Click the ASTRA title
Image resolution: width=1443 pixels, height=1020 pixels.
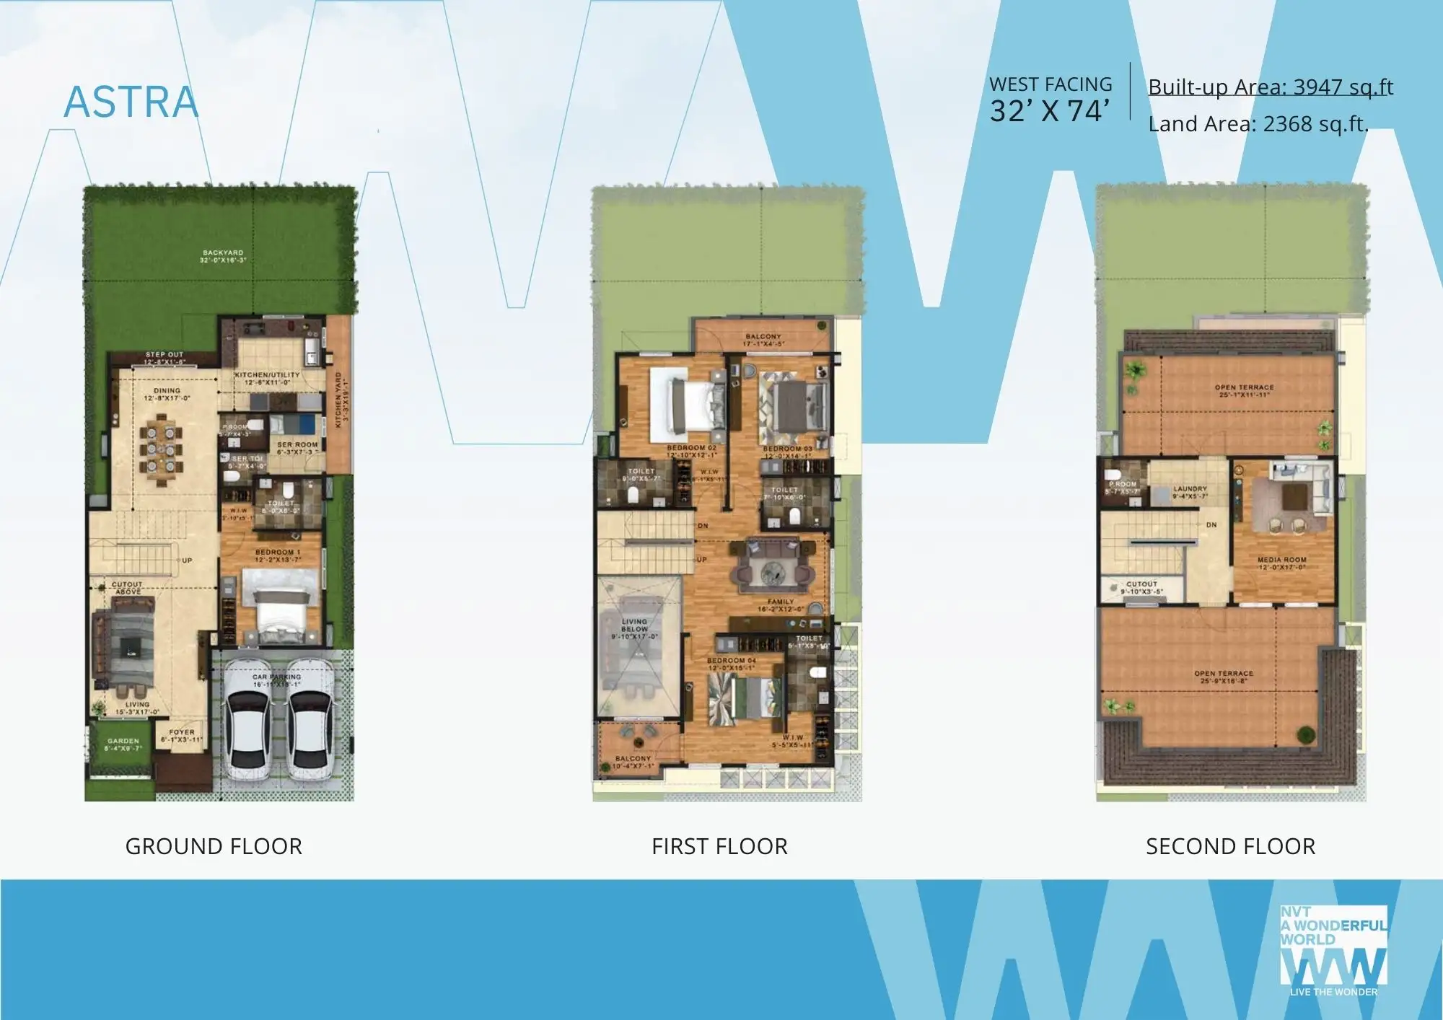coord(131,102)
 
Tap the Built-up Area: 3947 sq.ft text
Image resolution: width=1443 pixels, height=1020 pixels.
coord(1270,87)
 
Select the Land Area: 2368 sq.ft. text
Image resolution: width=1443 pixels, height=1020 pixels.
coord(1258,124)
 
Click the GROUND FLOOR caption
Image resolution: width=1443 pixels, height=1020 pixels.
coord(214,845)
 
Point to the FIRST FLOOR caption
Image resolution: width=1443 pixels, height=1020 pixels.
coord(719,845)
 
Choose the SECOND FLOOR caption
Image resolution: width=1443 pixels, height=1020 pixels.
coord(1230,845)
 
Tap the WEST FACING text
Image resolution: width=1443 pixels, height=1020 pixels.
coord(1051,84)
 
